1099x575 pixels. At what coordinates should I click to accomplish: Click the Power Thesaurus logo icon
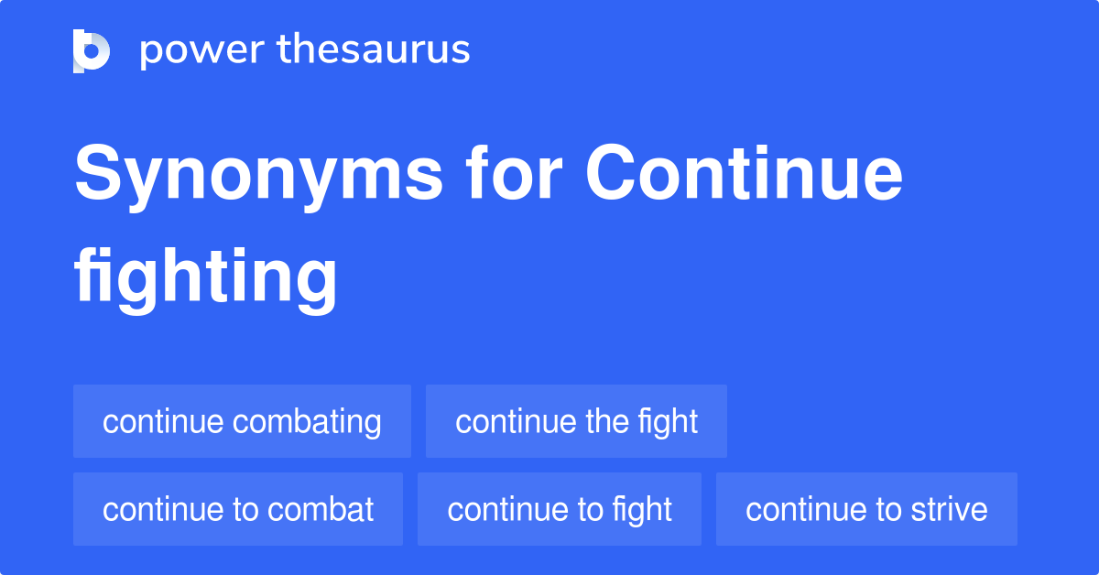pyautogui.click(x=92, y=50)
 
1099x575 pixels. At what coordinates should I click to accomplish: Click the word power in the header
pyautogui.click(x=201, y=50)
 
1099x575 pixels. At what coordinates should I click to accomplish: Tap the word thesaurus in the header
pyautogui.click(x=374, y=50)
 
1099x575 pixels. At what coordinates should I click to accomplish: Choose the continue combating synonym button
pyautogui.click(x=242, y=421)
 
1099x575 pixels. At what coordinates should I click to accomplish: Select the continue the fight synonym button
pyautogui.click(x=576, y=421)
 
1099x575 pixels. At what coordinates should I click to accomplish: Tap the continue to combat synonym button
pyautogui.click(x=238, y=509)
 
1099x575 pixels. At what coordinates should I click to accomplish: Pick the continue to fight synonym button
pyautogui.click(x=560, y=509)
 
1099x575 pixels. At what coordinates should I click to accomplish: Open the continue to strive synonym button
pyautogui.click(x=866, y=509)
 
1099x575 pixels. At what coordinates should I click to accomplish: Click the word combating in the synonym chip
pyautogui.click(x=307, y=422)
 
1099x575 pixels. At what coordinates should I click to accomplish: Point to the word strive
pyautogui.click(x=950, y=509)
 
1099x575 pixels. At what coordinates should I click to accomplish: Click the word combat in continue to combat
pyautogui.click(x=320, y=509)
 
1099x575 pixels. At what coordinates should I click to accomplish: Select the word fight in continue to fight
pyautogui.click(x=642, y=509)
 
